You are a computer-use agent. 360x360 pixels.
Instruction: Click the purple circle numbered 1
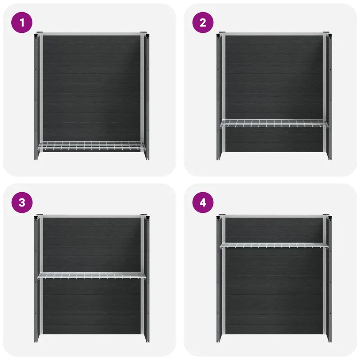pyautogui.click(x=22, y=22)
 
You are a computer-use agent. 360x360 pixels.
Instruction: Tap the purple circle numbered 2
pyautogui.click(x=203, y=22)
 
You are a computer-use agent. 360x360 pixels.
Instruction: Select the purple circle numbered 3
pyautogui.click(x=22, y=202)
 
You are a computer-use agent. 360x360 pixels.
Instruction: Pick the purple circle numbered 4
pyautogui.click(x=203, y=202)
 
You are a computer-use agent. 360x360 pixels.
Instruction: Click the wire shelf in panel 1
pyautogui.click(x=92, y=146)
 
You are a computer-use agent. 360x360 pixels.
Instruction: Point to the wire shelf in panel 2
pyautogui.click(x=274, y=123)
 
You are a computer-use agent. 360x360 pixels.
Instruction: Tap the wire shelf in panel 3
pyautogui.click(x=92, y=275)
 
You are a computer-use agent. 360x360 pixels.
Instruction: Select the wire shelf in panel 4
pyautogui.click(x=274, y=245)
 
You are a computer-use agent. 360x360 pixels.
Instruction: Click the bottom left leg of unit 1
pyautogui.click(x=37, y=156)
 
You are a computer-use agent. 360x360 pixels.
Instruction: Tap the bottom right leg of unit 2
pyautogui.click(x=329, y=156)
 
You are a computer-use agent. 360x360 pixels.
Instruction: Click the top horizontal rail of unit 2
pyautogui.click(x=274, y=34)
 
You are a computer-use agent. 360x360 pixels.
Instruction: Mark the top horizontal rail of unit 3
pyautogui.click(x=92, y=216)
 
